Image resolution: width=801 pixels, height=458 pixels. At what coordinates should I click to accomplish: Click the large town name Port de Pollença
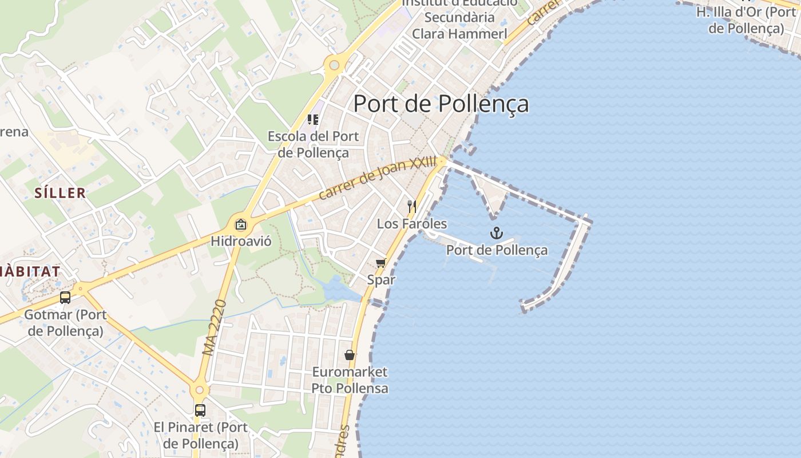(x=441, y=104)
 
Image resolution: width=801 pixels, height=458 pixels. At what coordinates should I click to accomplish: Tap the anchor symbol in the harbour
(x=497, y=233)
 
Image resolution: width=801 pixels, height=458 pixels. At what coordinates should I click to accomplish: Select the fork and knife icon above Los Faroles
(x=412, y=206)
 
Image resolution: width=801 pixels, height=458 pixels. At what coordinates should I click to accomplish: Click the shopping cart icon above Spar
(x=380, y=263)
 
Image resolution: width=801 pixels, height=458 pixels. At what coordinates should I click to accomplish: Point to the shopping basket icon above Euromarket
(x=350, y=355)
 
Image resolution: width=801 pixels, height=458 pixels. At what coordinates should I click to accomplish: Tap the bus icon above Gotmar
(x=65, y=298)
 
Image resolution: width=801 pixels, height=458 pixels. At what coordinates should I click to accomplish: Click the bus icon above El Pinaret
(x=200, y=410)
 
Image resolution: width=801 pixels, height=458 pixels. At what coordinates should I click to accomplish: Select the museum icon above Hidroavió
(x=240, y=224)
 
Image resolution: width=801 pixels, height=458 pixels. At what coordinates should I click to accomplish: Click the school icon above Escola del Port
(x=313, y=119)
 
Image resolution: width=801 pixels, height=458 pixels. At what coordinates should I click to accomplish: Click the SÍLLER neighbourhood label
(x=60, y=193)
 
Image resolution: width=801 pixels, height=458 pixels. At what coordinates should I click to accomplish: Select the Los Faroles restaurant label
(x=412, y=223)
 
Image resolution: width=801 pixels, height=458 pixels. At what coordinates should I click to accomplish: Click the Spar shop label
(x=381, y=280)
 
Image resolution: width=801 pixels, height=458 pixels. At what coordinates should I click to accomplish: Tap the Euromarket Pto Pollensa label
(x=350, y=380)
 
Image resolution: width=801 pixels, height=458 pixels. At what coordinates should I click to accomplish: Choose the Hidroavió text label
(x=241, y=241)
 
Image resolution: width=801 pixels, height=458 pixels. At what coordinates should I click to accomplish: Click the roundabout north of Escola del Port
(x=333, y=66)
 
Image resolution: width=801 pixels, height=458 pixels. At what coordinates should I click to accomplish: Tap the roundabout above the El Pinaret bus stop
(x=199, y=390)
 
